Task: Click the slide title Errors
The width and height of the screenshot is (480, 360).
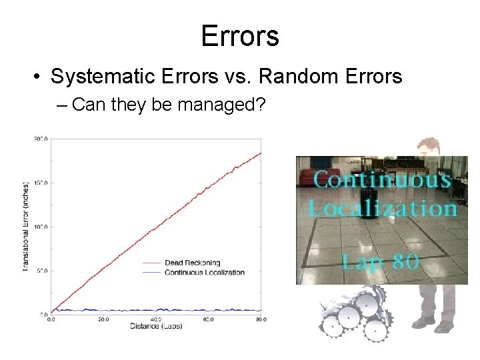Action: pos(240,36)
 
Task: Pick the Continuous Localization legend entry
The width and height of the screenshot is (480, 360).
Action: pos(204,272)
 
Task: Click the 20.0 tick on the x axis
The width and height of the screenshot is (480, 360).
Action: pos(103,319)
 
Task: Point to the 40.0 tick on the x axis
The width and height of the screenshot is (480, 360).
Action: pos(156,319)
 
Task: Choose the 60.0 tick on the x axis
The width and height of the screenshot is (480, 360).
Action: pos(208,319)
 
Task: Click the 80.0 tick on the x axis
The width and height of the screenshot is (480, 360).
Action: pos(261,319)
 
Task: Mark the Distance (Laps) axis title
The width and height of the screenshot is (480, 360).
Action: pos(156,326)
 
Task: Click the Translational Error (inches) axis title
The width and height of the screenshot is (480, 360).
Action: pos(25,227)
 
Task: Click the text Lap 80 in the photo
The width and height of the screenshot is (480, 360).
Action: pos(380,261)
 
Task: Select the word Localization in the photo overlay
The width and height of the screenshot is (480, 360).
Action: pos(382,208)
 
